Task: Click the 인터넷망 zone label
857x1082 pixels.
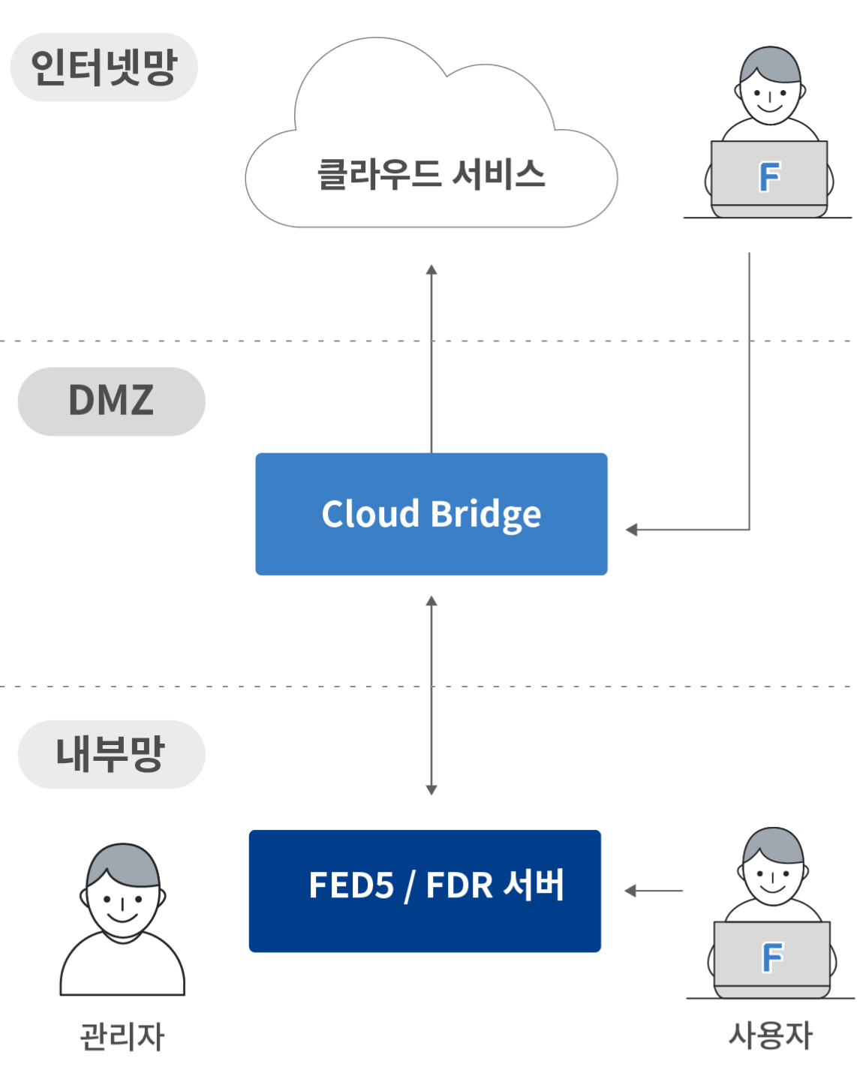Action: (104, 68)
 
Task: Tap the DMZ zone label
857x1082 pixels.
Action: (111, 400)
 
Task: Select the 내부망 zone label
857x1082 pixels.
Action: (110, 754)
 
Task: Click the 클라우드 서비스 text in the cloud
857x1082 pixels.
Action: (431, 175)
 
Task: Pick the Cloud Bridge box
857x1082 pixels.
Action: (432, 514)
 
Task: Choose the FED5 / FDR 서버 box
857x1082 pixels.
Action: (425, 891)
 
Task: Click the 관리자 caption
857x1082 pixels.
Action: (122, 1036)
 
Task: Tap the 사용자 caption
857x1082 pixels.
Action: (770, 1035)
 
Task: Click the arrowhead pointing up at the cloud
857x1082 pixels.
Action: (432, 270)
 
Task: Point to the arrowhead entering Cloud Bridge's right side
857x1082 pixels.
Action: (631, 530)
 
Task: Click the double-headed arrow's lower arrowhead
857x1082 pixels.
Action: (432, 789)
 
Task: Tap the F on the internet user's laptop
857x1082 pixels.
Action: (769, 177)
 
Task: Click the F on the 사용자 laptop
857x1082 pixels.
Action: (772, 958)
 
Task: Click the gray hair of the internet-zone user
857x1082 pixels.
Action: (771, 64)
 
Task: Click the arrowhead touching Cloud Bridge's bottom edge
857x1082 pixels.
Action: (432, 601)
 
